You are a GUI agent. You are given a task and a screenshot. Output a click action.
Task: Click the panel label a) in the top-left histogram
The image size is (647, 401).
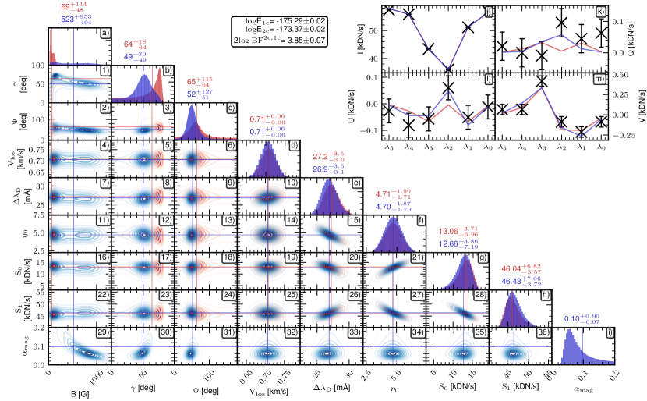point(104,33)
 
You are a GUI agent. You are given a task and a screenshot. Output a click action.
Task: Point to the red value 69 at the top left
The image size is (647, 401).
point(66,6)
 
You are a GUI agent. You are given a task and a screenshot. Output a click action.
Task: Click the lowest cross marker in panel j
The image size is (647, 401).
point(448,68)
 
